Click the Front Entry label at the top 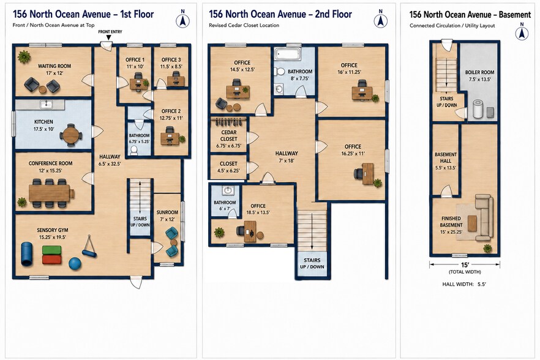(110, 32)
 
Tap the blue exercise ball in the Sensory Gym (75, 263)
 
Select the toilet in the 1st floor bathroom (134, 150)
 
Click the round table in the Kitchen (71, 135)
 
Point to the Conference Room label (51, 163)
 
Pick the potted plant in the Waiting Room (24, 56)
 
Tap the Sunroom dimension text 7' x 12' (167, 219)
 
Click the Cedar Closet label (229, 135)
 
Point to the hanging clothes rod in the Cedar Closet (229, 121)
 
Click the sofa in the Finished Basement (484, 217)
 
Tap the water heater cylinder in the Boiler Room (478, 109)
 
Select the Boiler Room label (479, 72)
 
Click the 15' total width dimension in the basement (465, 264)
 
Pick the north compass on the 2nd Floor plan (381, 20)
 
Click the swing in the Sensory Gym (89, 247)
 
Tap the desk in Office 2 (170, 138)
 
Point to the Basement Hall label (446, 158)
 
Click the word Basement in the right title (515, 15)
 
